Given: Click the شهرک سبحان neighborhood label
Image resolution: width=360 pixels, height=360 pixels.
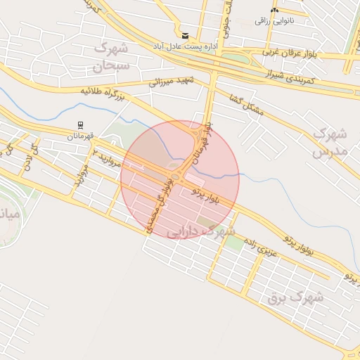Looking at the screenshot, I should point(110,58).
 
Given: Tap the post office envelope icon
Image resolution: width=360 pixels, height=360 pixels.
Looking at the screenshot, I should point(185,35).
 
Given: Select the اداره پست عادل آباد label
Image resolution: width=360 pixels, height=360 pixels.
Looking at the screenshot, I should point(186,46).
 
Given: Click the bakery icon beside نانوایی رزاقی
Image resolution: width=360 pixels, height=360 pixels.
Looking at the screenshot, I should point(274,10).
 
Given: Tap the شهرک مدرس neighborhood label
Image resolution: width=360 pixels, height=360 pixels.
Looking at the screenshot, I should point(329,141).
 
